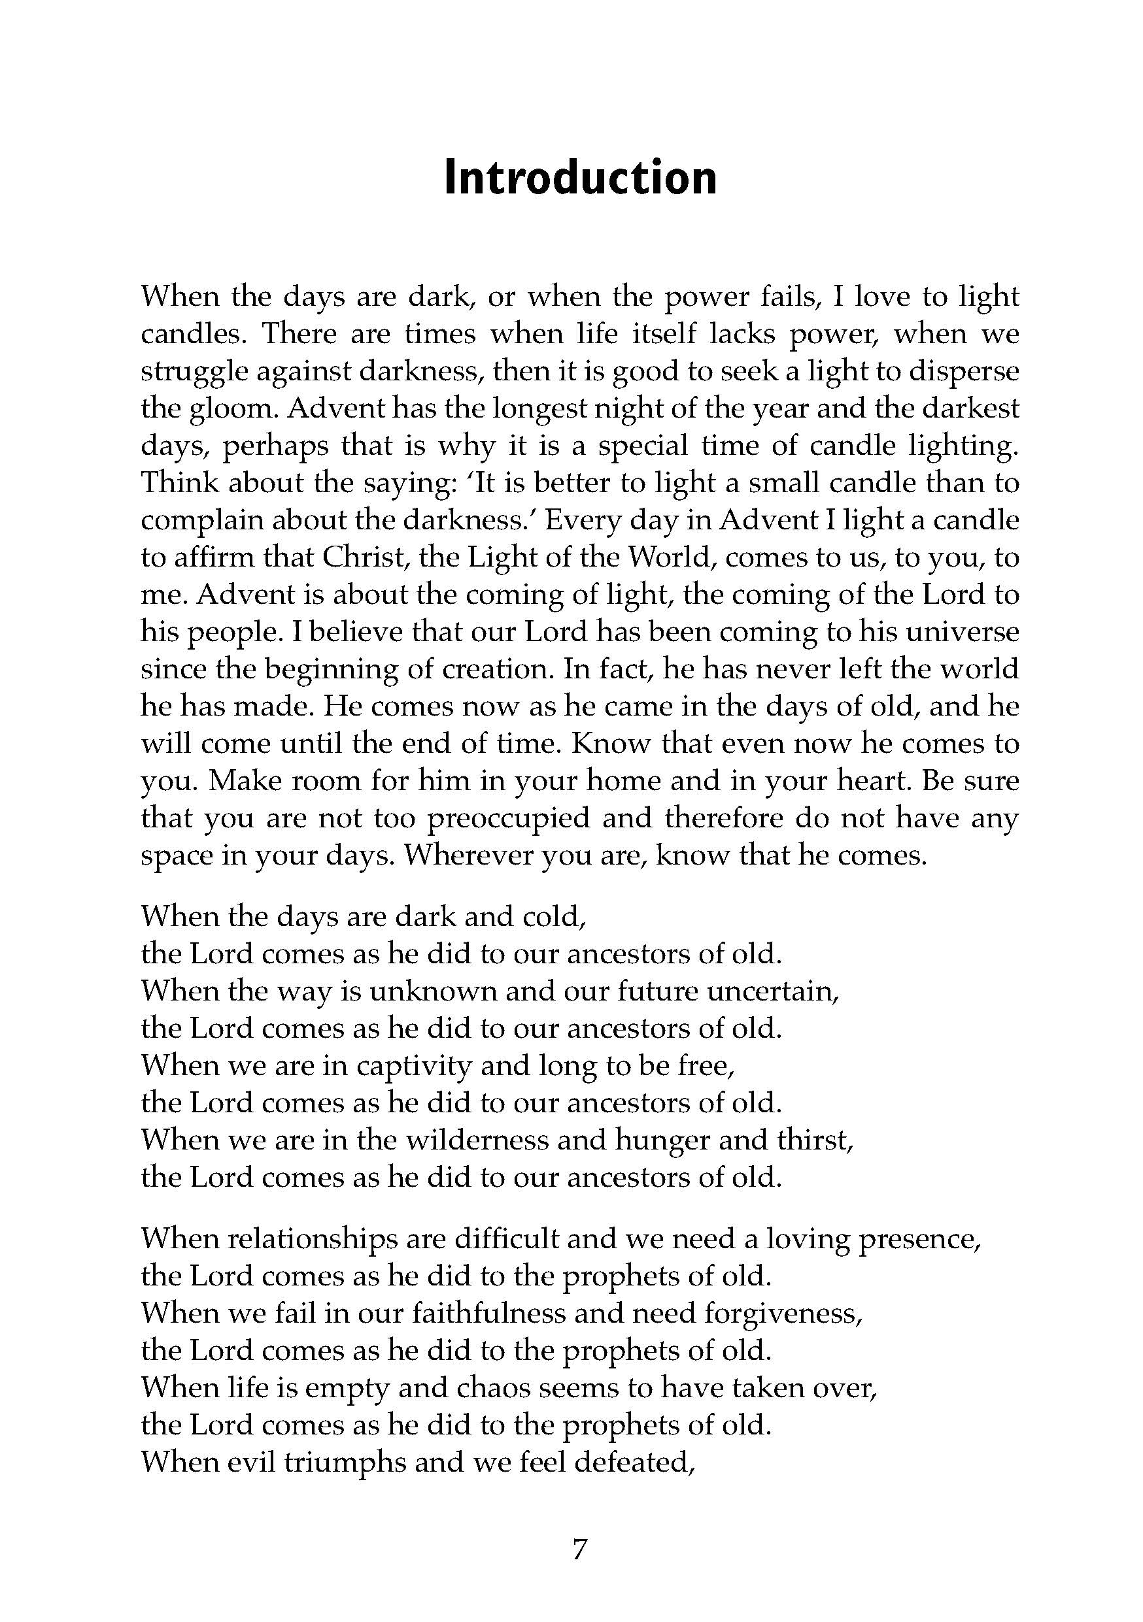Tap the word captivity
[413, 1065]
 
